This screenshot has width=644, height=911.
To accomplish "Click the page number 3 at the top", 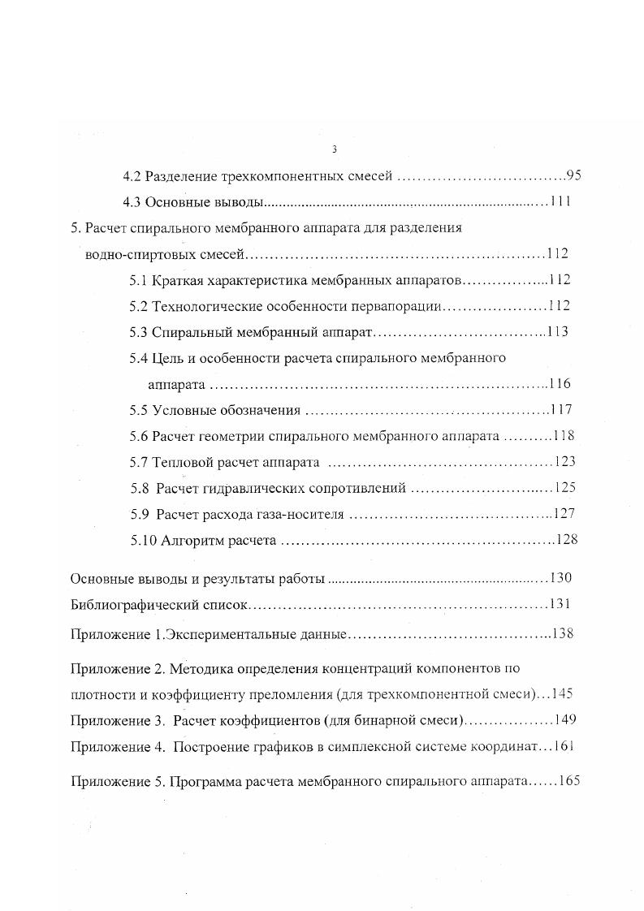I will click(x=334, y=149).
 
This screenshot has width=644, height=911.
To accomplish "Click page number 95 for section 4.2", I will click(x=574, y=175).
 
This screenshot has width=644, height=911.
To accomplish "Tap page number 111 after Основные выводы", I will click(x=560, y=202).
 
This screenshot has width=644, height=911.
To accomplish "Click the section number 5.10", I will click(x=143, y=540).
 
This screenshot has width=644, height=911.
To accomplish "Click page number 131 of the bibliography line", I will click(x=560, y=605).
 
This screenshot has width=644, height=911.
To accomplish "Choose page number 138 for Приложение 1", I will click(x=563, y=634).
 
